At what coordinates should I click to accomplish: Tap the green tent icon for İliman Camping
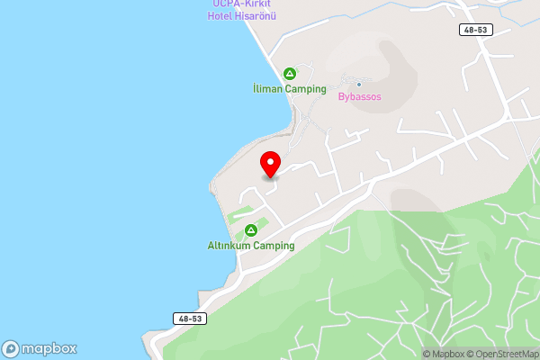290,74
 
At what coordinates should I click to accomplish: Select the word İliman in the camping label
267,89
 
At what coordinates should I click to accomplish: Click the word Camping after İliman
307,89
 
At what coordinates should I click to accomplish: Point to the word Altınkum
229,246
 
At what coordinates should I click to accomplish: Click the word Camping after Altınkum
274,246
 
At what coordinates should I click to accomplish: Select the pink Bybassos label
360,96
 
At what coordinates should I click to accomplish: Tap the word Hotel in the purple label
220,16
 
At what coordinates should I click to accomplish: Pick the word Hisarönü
256,16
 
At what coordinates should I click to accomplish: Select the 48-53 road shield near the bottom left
191,319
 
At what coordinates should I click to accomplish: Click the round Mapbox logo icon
11,349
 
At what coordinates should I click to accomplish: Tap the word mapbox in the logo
49,349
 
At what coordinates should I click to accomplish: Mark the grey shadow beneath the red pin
270,177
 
